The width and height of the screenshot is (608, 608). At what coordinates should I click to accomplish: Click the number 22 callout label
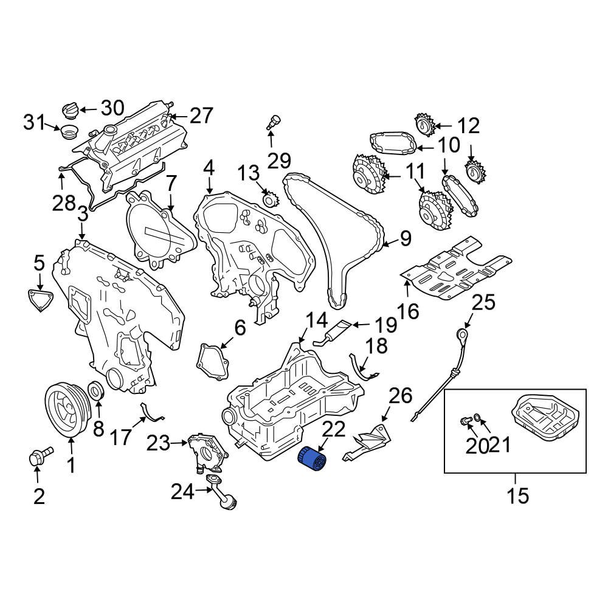pyautogui.click(x=333, y=430)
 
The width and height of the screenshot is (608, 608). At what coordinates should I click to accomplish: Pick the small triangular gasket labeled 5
pyautogui.click(x=40, y=300)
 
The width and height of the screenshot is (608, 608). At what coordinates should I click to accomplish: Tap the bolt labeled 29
pyautogui.click(x=274, y=121)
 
